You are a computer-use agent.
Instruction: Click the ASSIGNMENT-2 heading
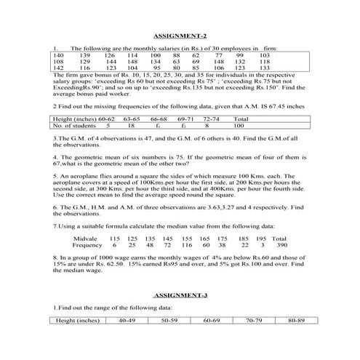[x=181, y=36]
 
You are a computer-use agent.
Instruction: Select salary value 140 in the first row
[x=59, y=55]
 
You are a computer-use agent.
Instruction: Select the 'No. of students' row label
[x=75, y=125]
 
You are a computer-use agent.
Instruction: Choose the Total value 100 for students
[x=234, y=125]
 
